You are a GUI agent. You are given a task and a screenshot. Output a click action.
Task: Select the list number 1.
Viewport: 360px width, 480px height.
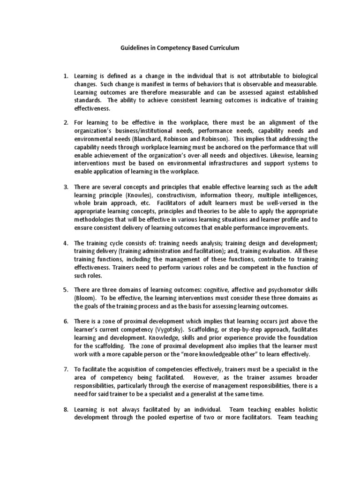tap(66, 76)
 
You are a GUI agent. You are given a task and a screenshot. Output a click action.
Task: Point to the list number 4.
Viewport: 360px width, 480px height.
tap(66, 243)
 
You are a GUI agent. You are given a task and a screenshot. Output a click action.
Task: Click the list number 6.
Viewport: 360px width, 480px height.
tap(66, 321)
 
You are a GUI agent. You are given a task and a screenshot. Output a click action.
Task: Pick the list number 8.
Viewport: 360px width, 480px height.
tap(66, 410)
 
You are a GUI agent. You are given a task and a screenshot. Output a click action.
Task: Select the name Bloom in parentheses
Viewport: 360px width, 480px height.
tap(84, 298)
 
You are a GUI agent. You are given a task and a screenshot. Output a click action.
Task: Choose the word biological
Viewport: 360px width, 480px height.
tap(300, 76)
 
